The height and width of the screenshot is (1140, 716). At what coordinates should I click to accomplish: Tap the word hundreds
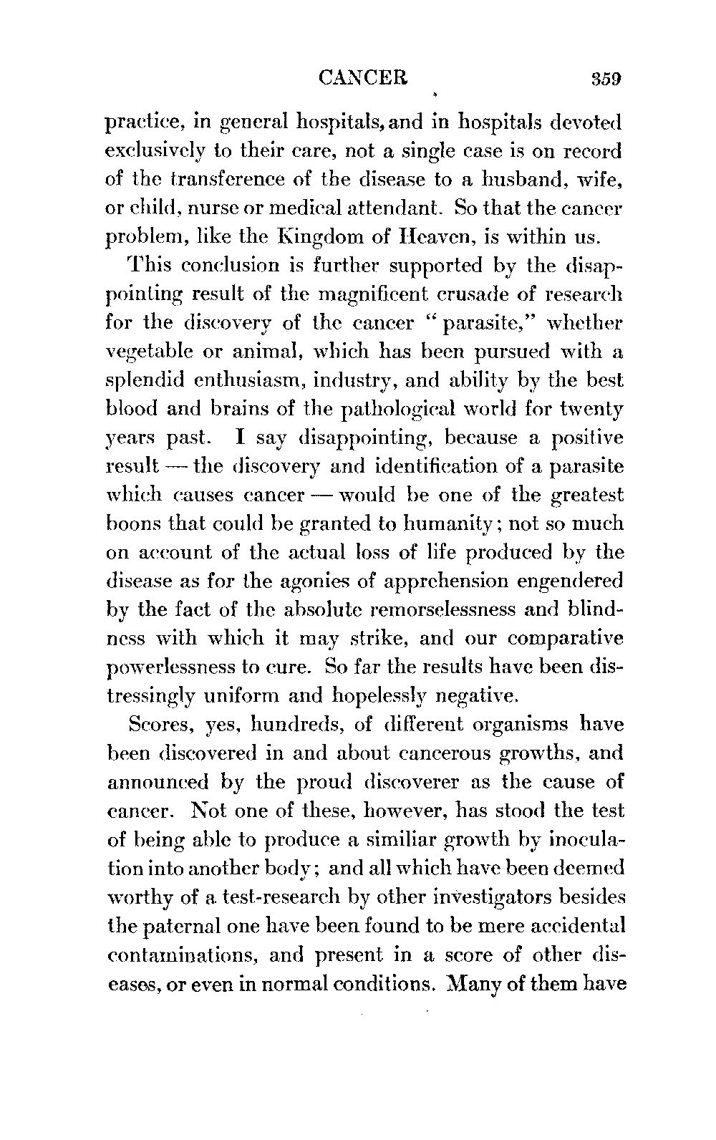(x=291, y=725)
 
